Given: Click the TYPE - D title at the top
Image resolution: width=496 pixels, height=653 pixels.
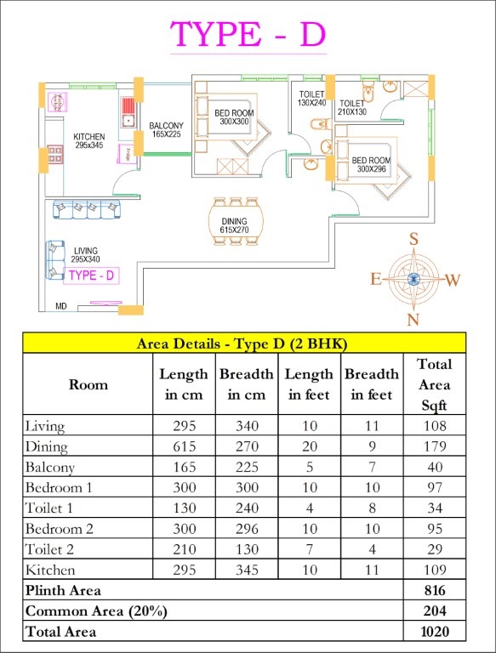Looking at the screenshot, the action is pos(248,34).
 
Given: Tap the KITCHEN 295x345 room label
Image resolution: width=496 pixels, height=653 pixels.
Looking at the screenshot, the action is pos(89,141).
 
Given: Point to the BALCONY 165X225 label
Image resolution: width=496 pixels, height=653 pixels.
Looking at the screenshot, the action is pos(166,129).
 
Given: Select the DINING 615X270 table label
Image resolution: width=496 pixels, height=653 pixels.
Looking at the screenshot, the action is pos(234,225).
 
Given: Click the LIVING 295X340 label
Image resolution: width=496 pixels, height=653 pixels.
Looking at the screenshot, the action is pos(86,255).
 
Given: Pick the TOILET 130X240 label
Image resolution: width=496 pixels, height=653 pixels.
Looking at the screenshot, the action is pos(311,99).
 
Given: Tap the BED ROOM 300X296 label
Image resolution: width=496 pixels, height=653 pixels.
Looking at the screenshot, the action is pos(372,164).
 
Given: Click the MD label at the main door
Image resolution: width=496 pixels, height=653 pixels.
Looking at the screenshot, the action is pos(61,306).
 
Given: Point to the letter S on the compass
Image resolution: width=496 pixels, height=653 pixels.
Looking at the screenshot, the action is pos(413,240).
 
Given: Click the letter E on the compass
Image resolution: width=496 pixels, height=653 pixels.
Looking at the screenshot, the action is pos(376,279).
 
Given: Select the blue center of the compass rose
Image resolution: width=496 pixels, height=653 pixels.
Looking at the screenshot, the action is pos(413,279).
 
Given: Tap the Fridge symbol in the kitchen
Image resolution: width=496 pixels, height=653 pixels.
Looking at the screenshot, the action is pos(126,153).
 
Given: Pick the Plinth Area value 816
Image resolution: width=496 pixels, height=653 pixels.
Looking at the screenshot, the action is pos(435,590).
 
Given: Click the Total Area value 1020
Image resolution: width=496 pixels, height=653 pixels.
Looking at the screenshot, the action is pos(435,632).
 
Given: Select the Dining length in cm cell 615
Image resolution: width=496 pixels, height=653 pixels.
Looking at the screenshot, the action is pos(185,446).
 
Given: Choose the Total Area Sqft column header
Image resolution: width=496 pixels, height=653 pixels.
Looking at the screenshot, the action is pos(435,384).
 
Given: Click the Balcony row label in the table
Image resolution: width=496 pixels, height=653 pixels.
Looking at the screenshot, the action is pos(50,468).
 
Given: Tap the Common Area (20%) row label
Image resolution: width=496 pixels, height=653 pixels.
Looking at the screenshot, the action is pos(96,611).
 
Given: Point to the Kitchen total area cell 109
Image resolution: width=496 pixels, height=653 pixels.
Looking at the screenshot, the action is pos(435,570).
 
